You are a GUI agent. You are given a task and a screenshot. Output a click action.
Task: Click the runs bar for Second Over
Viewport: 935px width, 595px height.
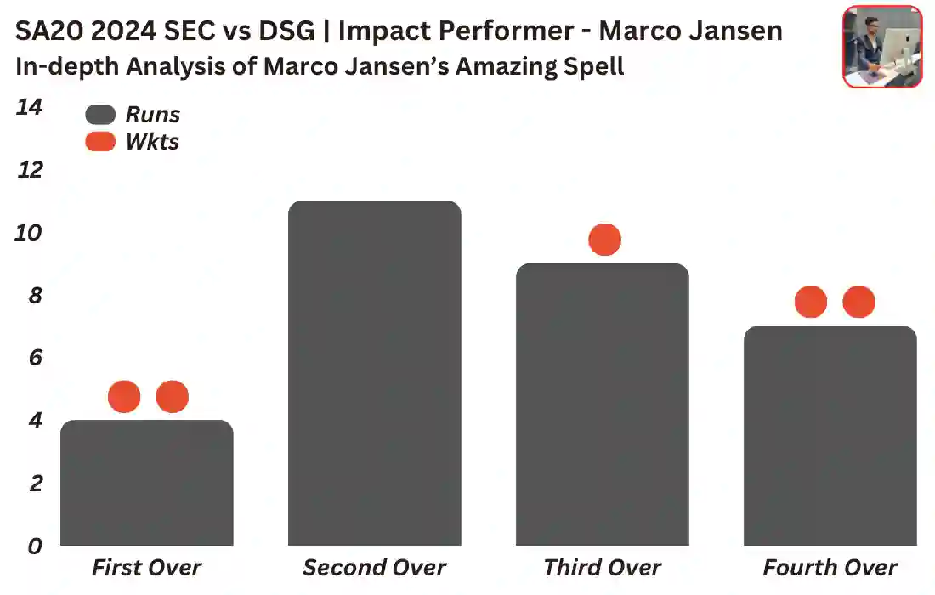pyautogui.click(x=375, y=374)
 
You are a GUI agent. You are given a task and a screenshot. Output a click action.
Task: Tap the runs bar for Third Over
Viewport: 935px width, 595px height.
pyautogui.click(x=603, y=405)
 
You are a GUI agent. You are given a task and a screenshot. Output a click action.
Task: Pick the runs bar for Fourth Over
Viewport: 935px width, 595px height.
pyautogui.click(x=830, y=435)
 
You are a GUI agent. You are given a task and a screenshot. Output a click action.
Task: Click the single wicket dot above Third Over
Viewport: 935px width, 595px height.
pyautogui.click(x=604, y=240)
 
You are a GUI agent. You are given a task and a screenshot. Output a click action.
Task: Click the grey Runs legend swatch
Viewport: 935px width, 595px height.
pyautogui.click(x=100, y=115)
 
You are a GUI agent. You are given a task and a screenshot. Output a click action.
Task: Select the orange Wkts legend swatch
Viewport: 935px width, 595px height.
pyautogui.click(x=100, y=142)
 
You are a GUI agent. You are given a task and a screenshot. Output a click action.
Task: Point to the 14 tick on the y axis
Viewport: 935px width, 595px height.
pyautogui.click(x=29, y=108)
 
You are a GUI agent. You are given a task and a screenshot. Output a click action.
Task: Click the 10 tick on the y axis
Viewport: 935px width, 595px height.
pyautogui.click(x=29, y=233)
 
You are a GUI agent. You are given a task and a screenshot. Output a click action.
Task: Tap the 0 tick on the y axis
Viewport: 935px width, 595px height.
pyautogui.click(x=34, y=546)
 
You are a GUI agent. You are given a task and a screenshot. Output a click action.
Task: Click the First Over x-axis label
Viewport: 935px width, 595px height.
pyautogui.click(x=147, y=568)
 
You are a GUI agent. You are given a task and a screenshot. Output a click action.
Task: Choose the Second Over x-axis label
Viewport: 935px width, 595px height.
pyautogui.click(x=375, y=568)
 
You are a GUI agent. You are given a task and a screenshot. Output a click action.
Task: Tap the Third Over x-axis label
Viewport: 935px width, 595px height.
pyautogui.click(x=603, y=568)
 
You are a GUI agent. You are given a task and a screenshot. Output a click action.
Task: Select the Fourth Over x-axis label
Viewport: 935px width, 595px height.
pyautogui.click(x=830, y=568)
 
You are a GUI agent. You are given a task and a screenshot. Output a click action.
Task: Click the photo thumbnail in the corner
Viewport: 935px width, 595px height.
pyautogui.click(x=882, y=47)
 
